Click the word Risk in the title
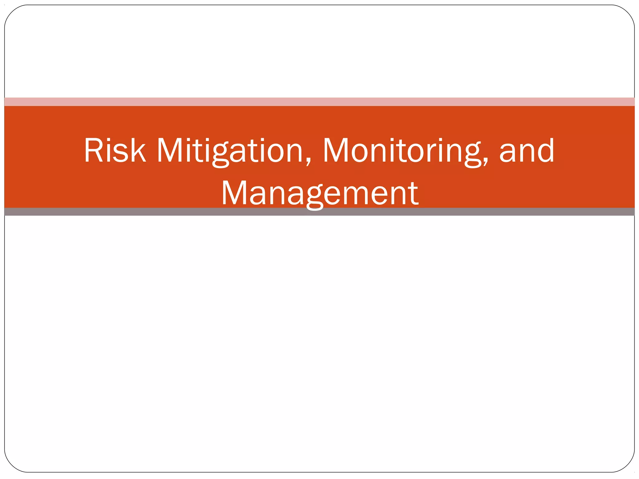(115, 151)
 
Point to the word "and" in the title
(527, 151)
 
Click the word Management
(319, 194)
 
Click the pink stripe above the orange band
(319, 102)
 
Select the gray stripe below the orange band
(319, 212)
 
